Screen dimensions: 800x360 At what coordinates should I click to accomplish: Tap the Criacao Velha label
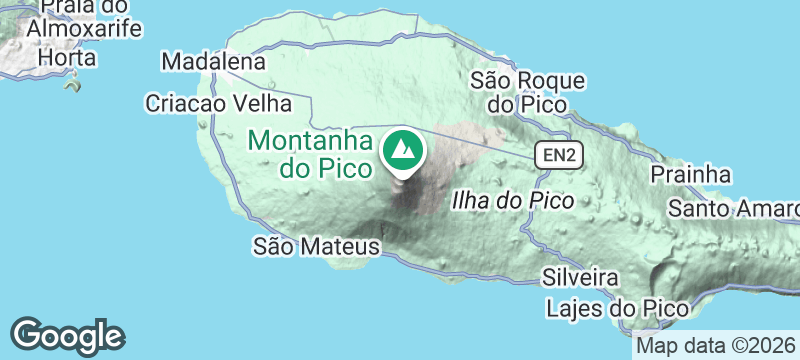click(217, 103)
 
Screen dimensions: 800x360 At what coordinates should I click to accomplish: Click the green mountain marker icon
click(403, 151)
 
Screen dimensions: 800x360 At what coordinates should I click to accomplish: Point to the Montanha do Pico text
click(311, 153)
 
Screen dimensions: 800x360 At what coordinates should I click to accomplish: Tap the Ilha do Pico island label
click(513, 200)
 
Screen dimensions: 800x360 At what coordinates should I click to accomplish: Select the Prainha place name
click(691, 175)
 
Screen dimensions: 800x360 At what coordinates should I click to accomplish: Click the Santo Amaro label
click(734, 209)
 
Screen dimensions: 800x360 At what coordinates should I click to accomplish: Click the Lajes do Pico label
click(617, 308)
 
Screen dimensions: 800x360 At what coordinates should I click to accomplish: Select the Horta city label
click(67, 58)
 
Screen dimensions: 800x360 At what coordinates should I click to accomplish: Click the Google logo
click(67, 335)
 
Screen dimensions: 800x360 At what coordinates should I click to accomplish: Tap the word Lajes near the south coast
click(576, 308)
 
